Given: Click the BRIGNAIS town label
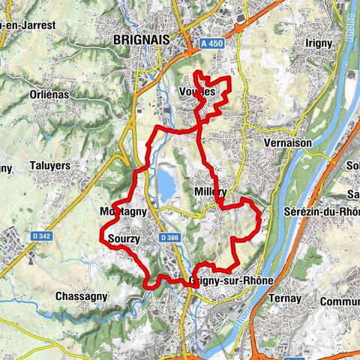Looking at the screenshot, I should (x=140, y=40).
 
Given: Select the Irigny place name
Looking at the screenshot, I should (x=318, y=43).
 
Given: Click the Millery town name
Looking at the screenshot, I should (x=210, y=192).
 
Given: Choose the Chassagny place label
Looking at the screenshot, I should (x=82, y=296).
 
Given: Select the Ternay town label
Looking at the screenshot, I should (x=284, y=298).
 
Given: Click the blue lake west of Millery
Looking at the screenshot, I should (x=166, y=182).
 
